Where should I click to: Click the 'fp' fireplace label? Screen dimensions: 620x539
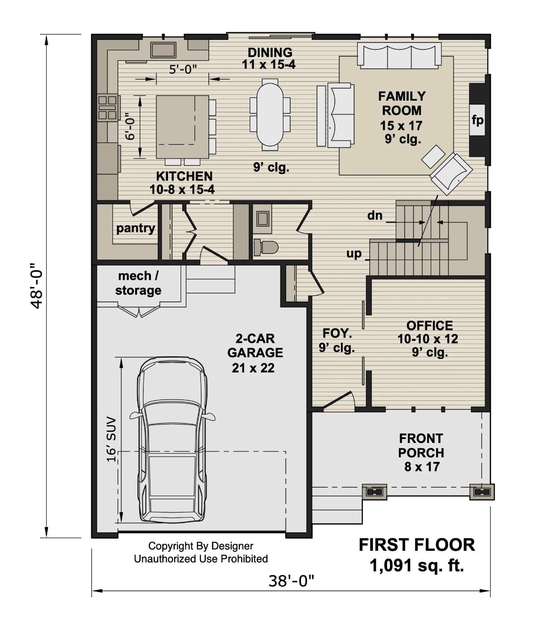click(x=477, y=120)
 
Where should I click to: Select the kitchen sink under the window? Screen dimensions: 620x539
click(x=163, y=50)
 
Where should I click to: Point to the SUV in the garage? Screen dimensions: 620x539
click(x=172, y=440)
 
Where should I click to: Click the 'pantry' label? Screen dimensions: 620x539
click(x=135, y=228)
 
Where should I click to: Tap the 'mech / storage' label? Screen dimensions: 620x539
click(x=138, y=283)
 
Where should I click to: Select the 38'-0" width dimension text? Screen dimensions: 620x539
click(x=291, y=581)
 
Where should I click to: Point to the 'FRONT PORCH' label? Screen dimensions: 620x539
click(x=421, y=445)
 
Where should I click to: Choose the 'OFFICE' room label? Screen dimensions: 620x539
click(x=429, y=325)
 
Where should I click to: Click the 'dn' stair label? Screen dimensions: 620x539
click(x=375, y=216)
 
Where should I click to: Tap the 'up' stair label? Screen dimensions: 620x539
click(x=354, y=253)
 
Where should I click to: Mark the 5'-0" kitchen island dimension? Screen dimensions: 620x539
click(x=183, y=69)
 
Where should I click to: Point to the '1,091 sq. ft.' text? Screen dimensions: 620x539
click(x=416, y=565)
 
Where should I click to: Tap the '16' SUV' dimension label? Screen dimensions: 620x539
click(x=111, y=439)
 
